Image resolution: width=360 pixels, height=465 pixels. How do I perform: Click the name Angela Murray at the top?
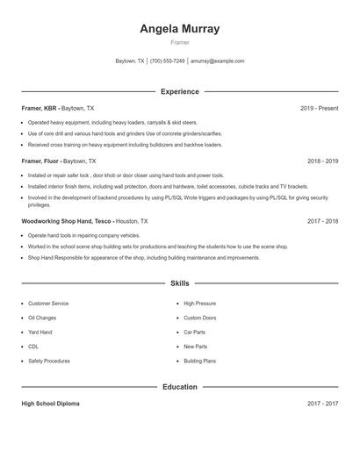[x=179, y=29]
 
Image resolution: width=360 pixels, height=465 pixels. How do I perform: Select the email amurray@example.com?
[x=217, y=61]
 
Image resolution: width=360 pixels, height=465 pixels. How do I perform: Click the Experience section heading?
[x=179, y=91]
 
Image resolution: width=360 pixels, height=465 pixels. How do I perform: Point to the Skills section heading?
[x=179, y=283]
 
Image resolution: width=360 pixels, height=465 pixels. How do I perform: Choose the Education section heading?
[x=179, y=386]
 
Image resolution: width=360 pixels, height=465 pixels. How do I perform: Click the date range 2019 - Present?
[x=319, y=108]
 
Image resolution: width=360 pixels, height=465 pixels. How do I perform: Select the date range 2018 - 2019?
[x=322, y=161]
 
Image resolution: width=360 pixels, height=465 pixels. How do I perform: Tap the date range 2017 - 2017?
[x=322, y=404]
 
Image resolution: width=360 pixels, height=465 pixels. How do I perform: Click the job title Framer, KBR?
[x=40, y=108]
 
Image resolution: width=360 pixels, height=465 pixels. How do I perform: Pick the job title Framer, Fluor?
[x=40, y=161]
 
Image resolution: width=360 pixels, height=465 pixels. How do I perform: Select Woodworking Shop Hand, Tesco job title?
[x=67, y=222]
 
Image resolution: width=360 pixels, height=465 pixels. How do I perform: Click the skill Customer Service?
[x=48, y=304]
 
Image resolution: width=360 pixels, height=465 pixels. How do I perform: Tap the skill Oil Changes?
[x=42, y=318]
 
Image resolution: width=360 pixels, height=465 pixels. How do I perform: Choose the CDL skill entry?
[x=33, y=347]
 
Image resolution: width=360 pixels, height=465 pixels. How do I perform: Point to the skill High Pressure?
[x=200, y=304]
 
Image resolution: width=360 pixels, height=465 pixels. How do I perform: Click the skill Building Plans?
[x=200, y=361]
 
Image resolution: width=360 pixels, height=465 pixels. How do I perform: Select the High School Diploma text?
[x=50, y=404]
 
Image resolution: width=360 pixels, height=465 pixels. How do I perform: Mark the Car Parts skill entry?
[x=195, y=333]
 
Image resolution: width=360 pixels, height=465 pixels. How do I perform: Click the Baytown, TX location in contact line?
[x=130, y=61]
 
